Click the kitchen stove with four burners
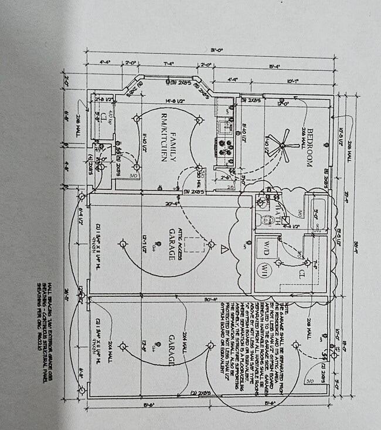(x=224, y=147)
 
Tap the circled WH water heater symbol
(x=264, y=271)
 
